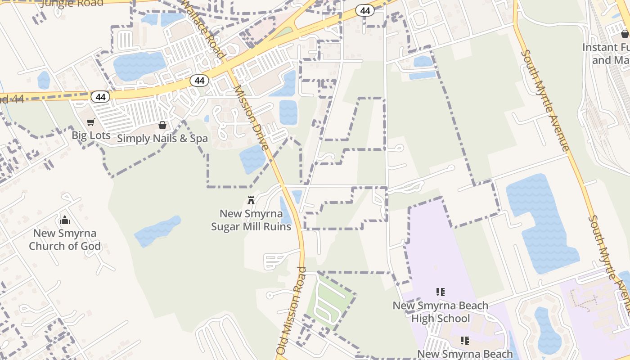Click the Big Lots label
pyautogui.click(x=91, y=135)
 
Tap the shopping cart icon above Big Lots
pyautogui.click(x=91, y=122)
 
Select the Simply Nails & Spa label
pyautogui.click(x=162, y=138)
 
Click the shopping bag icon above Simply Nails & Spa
pyautogui.click(x=162, y=125)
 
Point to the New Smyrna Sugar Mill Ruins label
pyautogui.click(x=251, y=220)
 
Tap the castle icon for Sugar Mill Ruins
pyautogui.click(x=251, y=200)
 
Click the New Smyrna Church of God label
pyautogui.click(x=65, y=239)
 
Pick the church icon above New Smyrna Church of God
pyautogui.click(x=65, y=220)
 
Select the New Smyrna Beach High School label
pyautogui.click(x=440, y=312)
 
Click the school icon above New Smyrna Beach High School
pyautogui.click(x=441, y=292)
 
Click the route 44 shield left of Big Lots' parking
pyautogui.click(x=100, y=97)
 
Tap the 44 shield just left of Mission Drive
pyautogui.click(x=199, y=81)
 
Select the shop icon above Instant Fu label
pyautogui.click(x=625, y=34)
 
